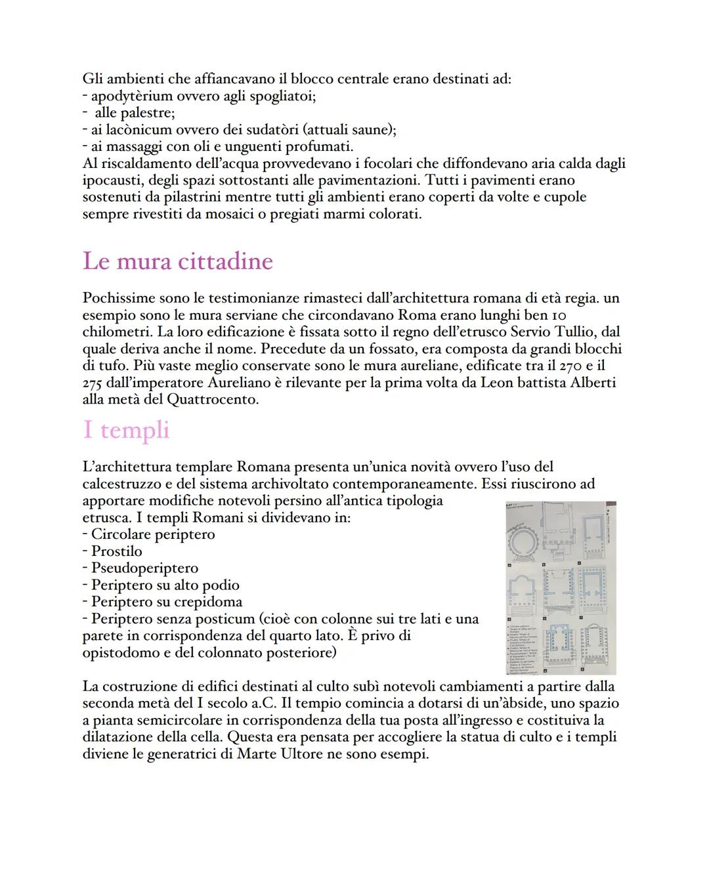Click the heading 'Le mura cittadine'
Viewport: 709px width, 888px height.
(x=177, y=261)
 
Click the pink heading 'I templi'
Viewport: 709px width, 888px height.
(x=126, y=430)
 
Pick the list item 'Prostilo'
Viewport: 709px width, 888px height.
(x=116, y=551)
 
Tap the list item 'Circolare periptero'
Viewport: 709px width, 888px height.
(x=153, y=534)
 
